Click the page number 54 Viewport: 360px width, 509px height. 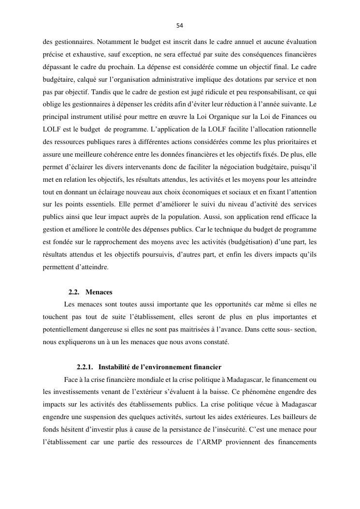180,26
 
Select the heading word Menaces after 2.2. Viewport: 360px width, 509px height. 99,292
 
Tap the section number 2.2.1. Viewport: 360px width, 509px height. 86,367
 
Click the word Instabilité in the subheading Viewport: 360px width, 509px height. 115,367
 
